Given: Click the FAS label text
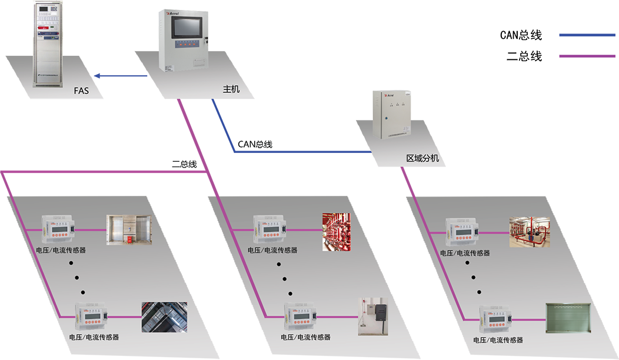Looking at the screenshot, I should pyautogui.click(x=82, y=91).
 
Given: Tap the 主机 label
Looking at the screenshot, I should pyautogui.click(x=231, y=89).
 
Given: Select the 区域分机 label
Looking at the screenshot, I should pyautogui.click(x=422, y=158).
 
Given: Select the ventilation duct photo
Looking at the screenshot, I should pyautogui.click(x=164, y=317).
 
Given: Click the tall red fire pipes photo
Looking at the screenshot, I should pyautogui.click(x=336, y=231).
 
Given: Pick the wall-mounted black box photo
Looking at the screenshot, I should pyautogui.click(x=373, y=316).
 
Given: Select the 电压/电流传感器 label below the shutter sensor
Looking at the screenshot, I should pyautogui.click(x=498, y=340).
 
